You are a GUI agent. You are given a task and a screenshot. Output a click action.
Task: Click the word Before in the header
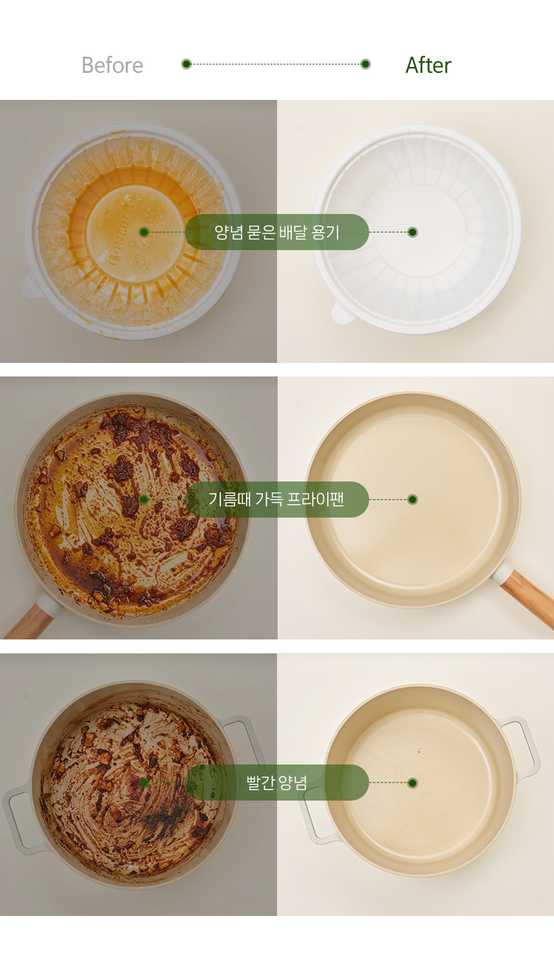coord(112,65)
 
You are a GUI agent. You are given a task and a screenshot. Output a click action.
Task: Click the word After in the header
coord(428,65)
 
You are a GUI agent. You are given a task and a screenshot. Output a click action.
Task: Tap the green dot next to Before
coord(186,64)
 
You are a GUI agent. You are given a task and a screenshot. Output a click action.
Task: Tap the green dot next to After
coord(365,64)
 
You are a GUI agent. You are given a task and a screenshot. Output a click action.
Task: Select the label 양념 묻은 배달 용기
coord(276,232)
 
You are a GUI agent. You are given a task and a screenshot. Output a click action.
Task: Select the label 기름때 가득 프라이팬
coord(276,499)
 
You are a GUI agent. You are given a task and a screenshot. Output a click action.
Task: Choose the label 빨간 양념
coord(276,783)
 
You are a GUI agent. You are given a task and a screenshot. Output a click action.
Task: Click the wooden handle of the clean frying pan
coord(528,598)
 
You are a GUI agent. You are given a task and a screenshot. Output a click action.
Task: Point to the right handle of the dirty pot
coord(242,739)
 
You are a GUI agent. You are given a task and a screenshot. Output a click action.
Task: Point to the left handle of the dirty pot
coord(22,820)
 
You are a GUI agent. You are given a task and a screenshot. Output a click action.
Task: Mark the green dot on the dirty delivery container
coord(144,232)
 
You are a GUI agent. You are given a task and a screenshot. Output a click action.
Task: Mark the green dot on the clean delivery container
coord(412,232)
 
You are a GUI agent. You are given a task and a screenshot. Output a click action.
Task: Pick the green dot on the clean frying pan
coord(412,499)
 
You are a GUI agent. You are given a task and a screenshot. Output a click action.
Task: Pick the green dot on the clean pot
coord(412,783)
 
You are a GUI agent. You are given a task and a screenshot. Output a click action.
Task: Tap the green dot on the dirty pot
coord(144,783)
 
